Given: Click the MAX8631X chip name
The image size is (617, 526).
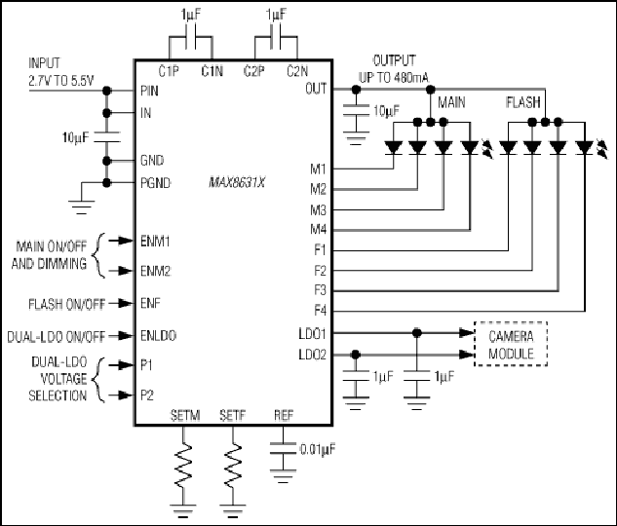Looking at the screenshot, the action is click(237, 183).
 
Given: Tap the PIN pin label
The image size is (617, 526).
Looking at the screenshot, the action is click(149, 91).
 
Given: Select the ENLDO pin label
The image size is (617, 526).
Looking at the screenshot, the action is click(158, 336).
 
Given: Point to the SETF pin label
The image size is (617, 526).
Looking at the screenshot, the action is click(233, 415).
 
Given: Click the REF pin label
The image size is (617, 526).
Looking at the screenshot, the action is click(284, 415).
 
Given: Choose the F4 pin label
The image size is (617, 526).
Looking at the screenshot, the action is click(321, 311).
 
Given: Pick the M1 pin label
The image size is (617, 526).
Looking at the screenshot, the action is click(319, 169).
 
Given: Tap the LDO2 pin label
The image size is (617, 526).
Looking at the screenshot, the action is click(313, 355).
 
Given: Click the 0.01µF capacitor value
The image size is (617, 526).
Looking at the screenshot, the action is click(318, 449).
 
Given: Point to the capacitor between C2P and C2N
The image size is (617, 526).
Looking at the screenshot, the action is click(276, 38).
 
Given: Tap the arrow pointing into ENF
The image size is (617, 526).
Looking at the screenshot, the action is click(121, 303).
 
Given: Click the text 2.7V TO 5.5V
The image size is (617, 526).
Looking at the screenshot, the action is click(61, 81).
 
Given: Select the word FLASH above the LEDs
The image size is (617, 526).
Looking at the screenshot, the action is click(523, 102).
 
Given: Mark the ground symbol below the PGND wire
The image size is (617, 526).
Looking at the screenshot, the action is click(82, 207).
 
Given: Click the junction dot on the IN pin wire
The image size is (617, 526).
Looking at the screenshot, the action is click(106, 113).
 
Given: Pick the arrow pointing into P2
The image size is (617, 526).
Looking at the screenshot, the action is click(121, 394).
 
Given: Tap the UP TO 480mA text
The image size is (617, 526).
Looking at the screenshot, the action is click(394, 78).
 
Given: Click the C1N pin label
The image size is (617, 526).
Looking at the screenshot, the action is click(212, 71).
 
